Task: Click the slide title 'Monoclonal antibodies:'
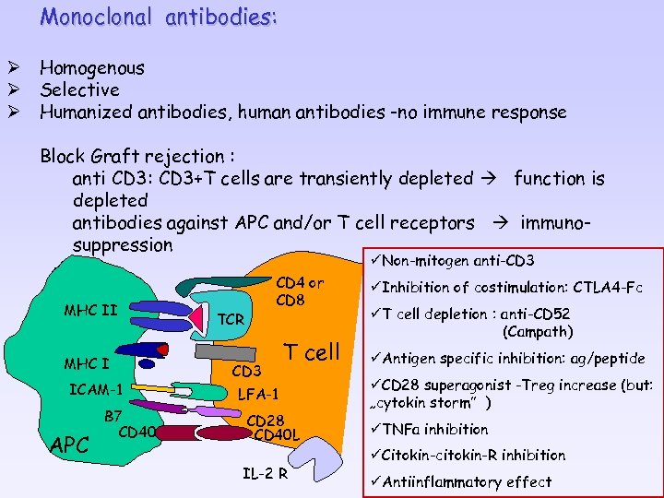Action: [159, 18]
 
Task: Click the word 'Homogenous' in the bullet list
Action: [92, 67]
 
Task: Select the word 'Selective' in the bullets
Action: [79, 89]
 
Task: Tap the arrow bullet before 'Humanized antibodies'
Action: [15, 113]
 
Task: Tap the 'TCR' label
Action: [231, 319]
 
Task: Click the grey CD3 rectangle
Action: [227, 353]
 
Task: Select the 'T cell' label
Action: [311, 351]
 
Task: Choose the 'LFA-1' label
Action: [257, 394]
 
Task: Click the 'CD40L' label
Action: [277, 434]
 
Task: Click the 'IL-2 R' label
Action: [266, 475]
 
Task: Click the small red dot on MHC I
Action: [163, 350]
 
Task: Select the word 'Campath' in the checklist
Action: [538, 331]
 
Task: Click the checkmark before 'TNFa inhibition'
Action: [373, 428]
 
